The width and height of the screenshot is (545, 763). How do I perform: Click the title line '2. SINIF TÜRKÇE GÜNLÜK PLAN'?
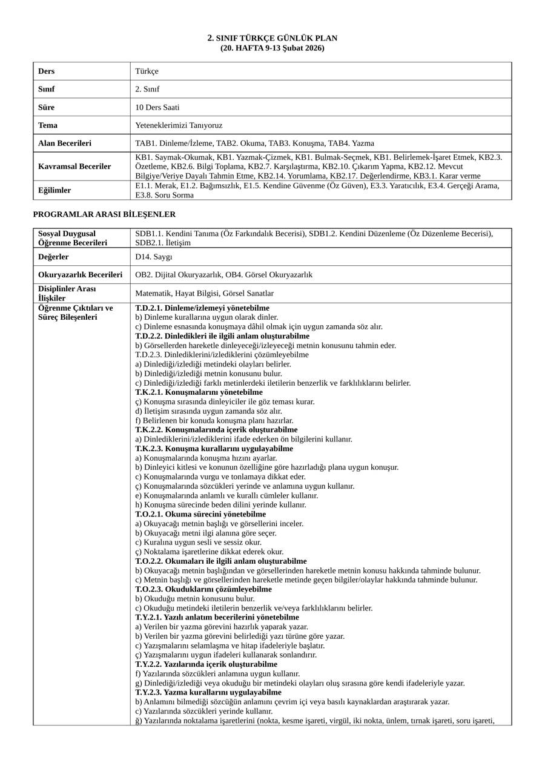click(x=272, y=38)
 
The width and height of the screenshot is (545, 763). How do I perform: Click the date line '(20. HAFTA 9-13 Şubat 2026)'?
click(x=272, y=48)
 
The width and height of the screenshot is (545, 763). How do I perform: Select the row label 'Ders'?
click(x=47, y=71)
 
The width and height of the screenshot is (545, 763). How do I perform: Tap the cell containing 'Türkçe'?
click(x=147, y=71)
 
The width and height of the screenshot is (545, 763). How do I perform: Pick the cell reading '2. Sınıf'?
click(x=148, y=89)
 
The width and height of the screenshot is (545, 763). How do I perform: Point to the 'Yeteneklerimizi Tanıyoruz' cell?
click(x=179, y=125)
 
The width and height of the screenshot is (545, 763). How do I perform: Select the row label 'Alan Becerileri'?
click(x=65, y=144)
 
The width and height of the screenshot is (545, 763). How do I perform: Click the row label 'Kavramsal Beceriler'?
click(x=74, y=166)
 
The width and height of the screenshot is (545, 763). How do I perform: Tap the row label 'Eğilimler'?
click(x=54, y=190)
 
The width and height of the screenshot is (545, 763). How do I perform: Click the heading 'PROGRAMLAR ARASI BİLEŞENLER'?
click(x=104, y=214)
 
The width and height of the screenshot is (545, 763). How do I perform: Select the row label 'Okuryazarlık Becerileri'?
click(x=80, y=275)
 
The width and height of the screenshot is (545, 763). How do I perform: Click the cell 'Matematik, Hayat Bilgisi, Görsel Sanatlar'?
click(x=204, y=293)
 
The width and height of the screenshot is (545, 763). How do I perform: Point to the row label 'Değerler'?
click(x=53, y=257)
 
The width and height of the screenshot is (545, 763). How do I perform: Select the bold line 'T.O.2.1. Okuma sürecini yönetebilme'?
click(x=191, y=514)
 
